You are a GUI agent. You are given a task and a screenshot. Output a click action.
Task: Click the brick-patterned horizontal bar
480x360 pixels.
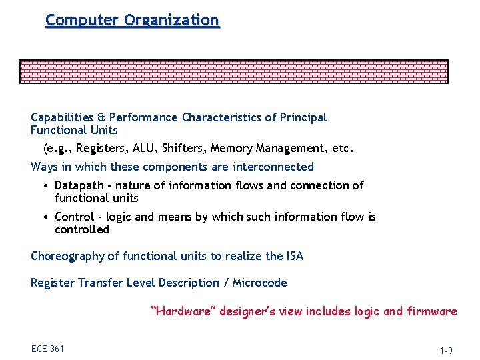click(233, 71)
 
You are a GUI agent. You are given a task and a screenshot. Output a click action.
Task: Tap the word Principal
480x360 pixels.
click(303, 118)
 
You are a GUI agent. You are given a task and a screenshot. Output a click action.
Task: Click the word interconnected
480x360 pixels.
click(269, 167)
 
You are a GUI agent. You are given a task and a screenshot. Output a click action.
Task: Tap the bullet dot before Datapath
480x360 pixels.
click(43, 186)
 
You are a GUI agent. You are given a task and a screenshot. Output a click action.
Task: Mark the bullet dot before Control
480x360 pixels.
click(43, 217)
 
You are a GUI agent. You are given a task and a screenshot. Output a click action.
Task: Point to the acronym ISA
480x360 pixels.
click(294, 257)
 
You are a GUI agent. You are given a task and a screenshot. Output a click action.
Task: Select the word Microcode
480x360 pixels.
click(259, 283)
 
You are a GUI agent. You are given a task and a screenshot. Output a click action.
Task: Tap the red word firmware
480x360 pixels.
click(431, 311)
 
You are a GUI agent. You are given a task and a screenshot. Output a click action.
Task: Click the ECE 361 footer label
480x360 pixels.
click(47, 349)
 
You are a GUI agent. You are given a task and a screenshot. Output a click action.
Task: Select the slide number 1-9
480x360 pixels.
click(447, 349)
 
